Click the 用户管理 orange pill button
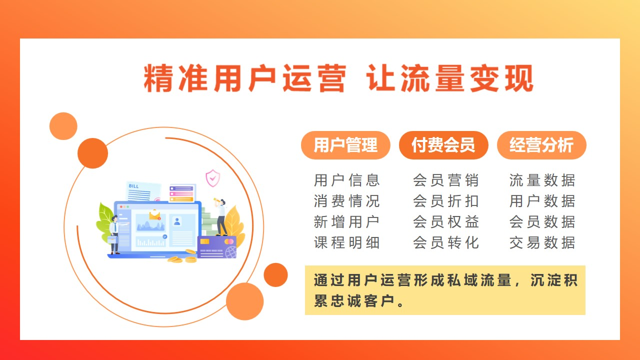(x=345, y=145)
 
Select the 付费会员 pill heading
(x=443, y=145)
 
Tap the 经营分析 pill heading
(x=541, y=145)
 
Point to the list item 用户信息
(x=346, y=180)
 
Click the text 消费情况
(x=346, y=201)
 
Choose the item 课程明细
(x=346, y=243)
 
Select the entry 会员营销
(x=445, y=180)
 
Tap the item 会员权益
(x=445, y=222)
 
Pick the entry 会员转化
(x=445, y=243)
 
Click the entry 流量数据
(x=542, y=180)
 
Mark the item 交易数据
(x=542, y=243)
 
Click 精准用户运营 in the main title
(x=245, y=78)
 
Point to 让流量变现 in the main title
(x=450, y=78)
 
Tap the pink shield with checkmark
(x=213, y=178)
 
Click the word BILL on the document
(x=133, y=186)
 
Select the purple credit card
(x=217, y=247)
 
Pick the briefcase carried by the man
(x=112, y=239)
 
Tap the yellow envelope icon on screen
(x=155, y=215)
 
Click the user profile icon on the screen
(x=177, y=221)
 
